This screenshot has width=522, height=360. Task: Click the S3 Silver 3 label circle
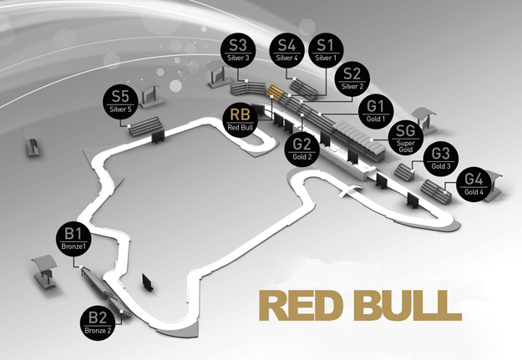(x=238, y=51)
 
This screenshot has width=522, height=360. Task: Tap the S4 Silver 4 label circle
(x=286, y=51)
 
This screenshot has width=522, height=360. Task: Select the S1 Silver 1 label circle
(x=326, y=51)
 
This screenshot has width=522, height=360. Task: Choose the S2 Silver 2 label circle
(x=352, y=80)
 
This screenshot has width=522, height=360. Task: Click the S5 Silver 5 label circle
(x=120, y=102)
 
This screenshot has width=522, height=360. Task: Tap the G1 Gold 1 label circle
(x=376, y=112)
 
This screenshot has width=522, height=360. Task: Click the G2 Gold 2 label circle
(x=302, y=150)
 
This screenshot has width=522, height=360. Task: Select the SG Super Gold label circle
(x=405, y=138)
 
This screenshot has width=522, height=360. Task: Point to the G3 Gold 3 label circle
(x=440, y=160)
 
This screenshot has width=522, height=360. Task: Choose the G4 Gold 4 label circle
(x=474, y=185)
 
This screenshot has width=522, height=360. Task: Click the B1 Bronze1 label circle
(x=73, y=240)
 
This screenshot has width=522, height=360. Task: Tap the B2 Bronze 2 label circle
(x=98, y=324)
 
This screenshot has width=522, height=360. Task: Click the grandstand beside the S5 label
(x=145, y=126)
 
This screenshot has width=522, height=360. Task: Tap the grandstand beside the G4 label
(x=436, y=190)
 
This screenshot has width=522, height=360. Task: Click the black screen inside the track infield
(x=148, y=282)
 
